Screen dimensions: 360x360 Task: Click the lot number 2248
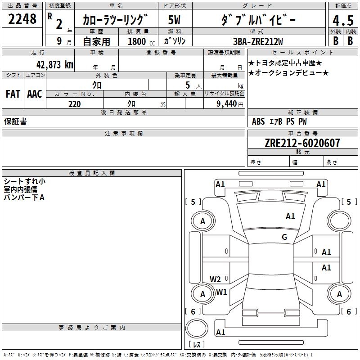(22, 19)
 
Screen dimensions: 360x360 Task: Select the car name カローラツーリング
(115, 20)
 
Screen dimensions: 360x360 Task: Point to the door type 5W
(175, 20)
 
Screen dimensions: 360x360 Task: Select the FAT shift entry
(13, 94)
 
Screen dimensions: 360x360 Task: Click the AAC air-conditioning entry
(35, 94)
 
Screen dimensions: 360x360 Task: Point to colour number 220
(74, 104)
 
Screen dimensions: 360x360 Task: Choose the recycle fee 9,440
(226, 104)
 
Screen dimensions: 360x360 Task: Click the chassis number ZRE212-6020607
(302, 143)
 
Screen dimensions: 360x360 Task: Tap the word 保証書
(15, 121)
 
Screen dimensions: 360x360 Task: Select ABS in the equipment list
(258, 121)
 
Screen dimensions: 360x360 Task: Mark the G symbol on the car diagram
(284, 237)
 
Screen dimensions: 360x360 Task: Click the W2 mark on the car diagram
(215, 279)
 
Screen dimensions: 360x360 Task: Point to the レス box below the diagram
(196, 345)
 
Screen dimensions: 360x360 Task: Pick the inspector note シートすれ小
(24, 181)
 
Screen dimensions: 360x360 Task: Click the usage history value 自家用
(96, 41)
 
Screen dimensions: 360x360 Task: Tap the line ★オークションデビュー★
(288, 73)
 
